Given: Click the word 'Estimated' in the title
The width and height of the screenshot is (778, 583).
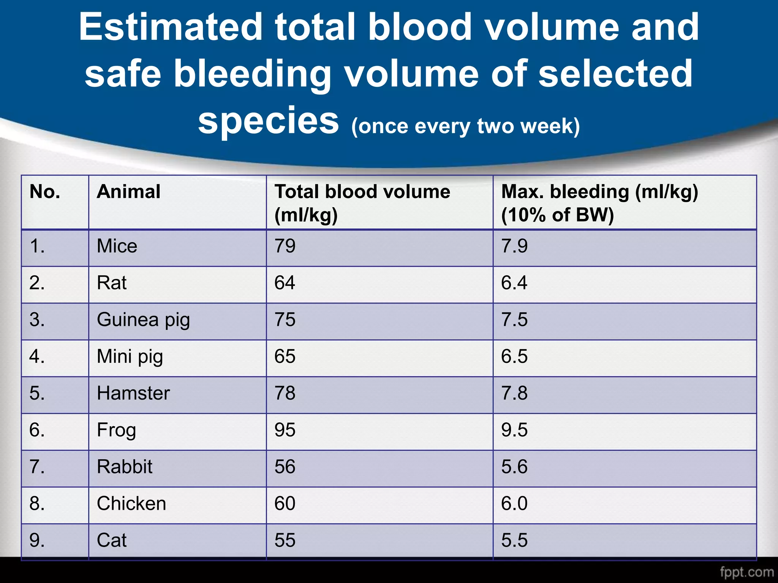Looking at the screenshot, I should point(171,27).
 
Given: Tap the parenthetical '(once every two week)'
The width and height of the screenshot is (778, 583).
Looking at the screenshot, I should point(465,126).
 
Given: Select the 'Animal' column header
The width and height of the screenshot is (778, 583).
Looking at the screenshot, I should point(128,192).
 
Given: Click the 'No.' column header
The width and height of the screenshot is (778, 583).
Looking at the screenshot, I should point(45,192).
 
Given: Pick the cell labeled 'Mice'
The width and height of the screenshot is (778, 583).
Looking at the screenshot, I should point(117,246).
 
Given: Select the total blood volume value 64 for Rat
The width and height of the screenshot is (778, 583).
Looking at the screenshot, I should point(285,283).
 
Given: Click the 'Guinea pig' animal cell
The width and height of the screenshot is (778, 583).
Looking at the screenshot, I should point(143,320).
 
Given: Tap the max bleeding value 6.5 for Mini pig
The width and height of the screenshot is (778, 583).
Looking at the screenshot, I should point(514,356).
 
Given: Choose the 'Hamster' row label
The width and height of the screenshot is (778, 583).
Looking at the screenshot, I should point(133,393).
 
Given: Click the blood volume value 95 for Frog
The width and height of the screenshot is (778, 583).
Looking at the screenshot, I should point(285,430).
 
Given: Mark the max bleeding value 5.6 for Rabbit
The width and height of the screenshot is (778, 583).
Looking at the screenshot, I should point(514,467).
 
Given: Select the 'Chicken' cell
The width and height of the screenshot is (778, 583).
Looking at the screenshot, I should point(131,504).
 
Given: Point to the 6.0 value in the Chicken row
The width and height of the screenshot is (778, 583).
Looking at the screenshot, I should point(514,504).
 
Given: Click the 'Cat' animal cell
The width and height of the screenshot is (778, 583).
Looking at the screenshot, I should point(112,540).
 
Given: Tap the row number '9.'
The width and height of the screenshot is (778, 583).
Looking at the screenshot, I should point(37,540).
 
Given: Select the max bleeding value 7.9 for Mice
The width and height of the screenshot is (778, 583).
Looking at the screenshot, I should point(514,246).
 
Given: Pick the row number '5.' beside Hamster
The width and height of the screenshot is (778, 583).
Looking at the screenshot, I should point(37,393).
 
